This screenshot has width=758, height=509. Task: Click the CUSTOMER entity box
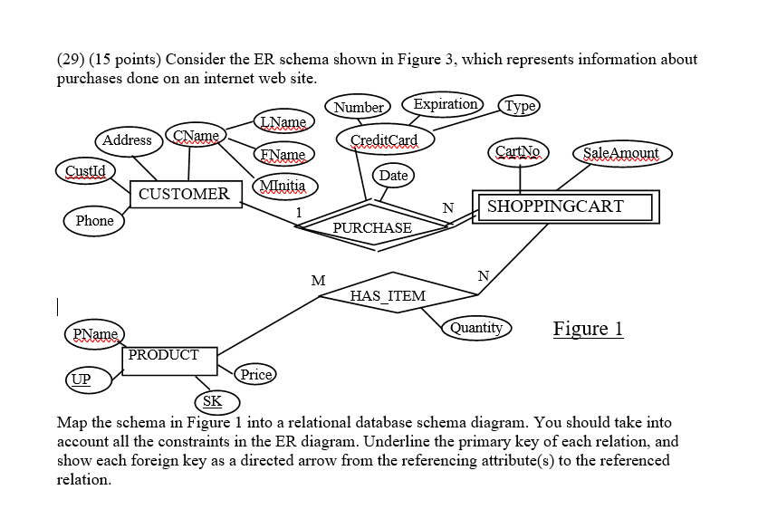click(185, 194)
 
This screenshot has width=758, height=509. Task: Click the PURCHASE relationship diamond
click(371, 227)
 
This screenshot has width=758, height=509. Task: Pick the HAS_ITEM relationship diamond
click(388, 295)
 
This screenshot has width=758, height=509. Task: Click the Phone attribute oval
click(95, 221)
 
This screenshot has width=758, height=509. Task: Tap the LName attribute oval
click(284, 122)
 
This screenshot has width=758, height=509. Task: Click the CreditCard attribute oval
click(384, 139)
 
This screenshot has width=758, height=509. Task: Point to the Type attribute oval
click(520, 105)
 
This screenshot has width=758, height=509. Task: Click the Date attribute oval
click(393, 174)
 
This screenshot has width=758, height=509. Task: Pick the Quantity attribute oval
click(475, 328)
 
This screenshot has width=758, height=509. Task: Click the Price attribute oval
click(255, 374)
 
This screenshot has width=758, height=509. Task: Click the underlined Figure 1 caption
click(588, 329)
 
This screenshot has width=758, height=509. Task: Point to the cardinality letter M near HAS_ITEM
click(318, 281)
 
